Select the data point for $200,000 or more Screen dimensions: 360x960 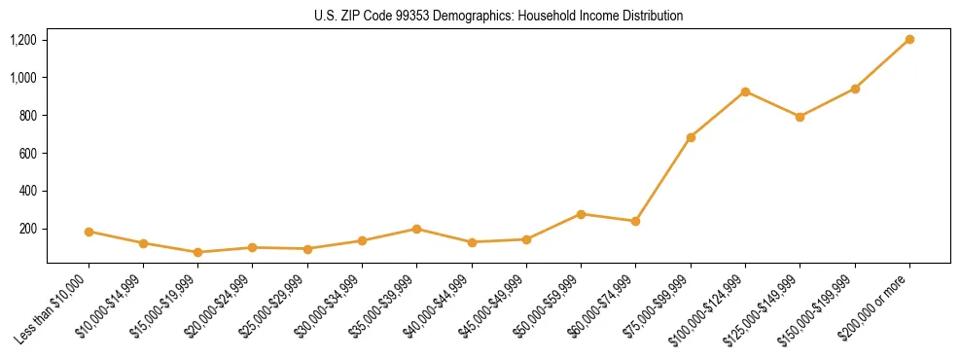pos(909,39)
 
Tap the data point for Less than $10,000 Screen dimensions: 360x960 pos(89,232)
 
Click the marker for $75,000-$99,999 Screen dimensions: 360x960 pos(691,137)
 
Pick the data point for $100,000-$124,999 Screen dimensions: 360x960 pos(745,91)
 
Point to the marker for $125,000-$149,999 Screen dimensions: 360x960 pos(800,117)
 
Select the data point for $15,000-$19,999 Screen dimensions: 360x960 pos(198,252)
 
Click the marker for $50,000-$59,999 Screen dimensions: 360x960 pos(581,214)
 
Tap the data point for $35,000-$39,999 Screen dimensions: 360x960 pos(416,229)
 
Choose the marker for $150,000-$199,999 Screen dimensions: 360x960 pos(855,89)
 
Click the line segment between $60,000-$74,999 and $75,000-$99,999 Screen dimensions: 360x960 pos(663,179)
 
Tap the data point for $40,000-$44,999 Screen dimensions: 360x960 pos(472,242)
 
